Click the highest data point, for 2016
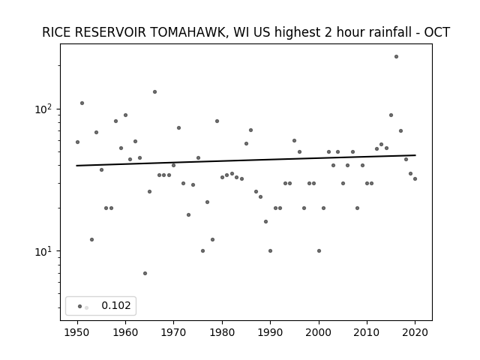[x=396, y=57]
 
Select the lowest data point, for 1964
[x=145, y=273]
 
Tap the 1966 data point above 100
[x=155, y=91]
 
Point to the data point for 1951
[x=82, y=103]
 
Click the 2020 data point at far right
[x=415, y=178]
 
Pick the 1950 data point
[x=77, y=142]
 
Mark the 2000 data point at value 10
[x=319, y=251]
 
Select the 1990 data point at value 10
[x=270, y=251]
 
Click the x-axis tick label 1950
[x=77, y=332]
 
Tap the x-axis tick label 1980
[x=222, y=332]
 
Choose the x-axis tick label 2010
[x=367, y=332]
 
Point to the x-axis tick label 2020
[x=415, y=332]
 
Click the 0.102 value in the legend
[x=116, y=305]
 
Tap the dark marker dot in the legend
[x=80, y=306]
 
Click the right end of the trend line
[x=415, y=155]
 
